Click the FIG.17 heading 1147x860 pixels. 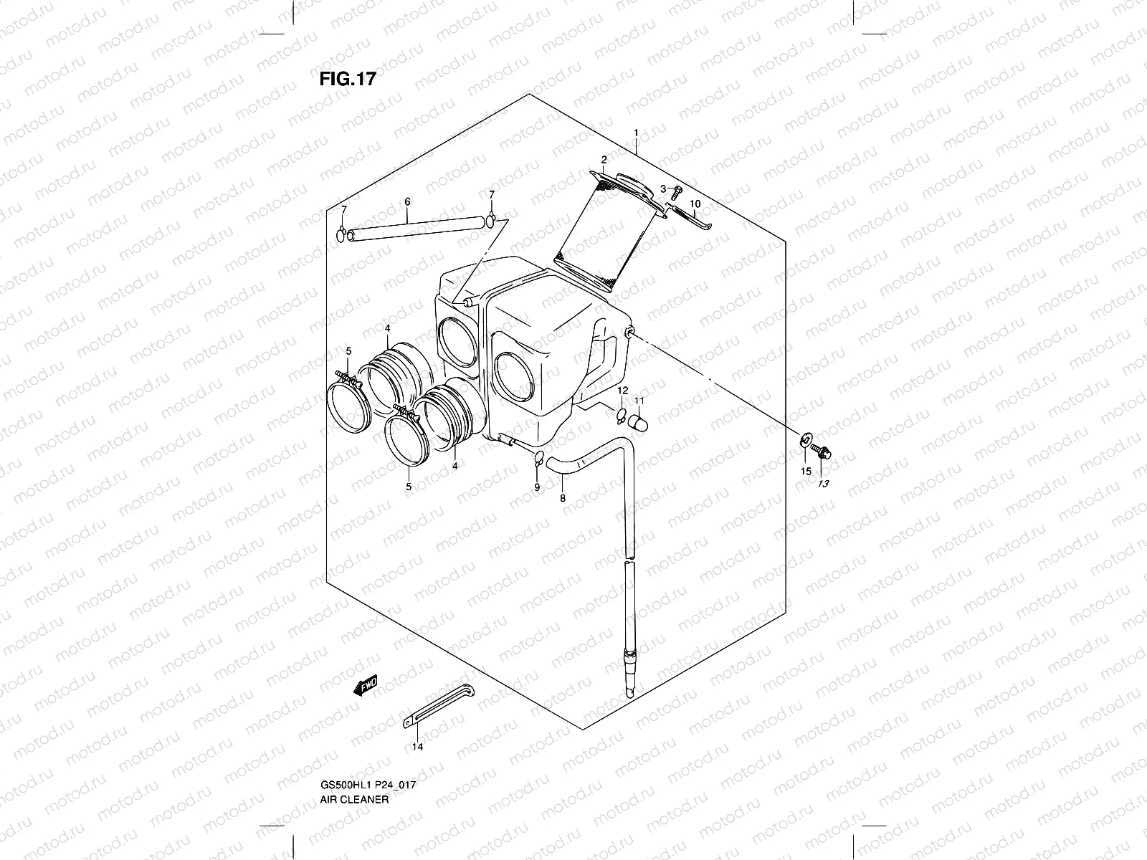point(347,79)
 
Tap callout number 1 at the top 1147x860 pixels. point(635,133)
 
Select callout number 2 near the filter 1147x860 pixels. point(604,160)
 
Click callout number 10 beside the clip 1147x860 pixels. point(694,205)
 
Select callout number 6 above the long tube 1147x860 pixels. point(407,202)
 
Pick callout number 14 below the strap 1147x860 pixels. point(417,747)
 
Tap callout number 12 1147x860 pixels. point(622,391)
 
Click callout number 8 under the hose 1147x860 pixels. point(563,497)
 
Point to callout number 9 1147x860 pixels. point(536,487)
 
